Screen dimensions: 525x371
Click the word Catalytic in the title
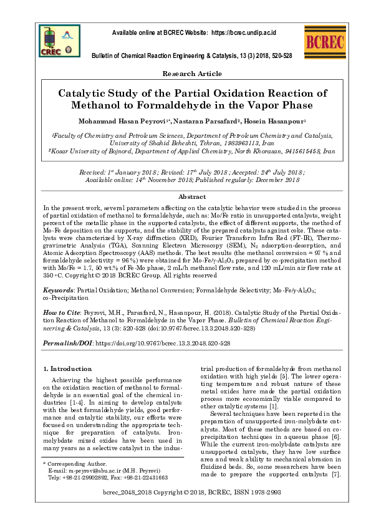(83, 93)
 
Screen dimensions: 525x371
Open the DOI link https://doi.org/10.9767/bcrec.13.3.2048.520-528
(164, 344)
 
